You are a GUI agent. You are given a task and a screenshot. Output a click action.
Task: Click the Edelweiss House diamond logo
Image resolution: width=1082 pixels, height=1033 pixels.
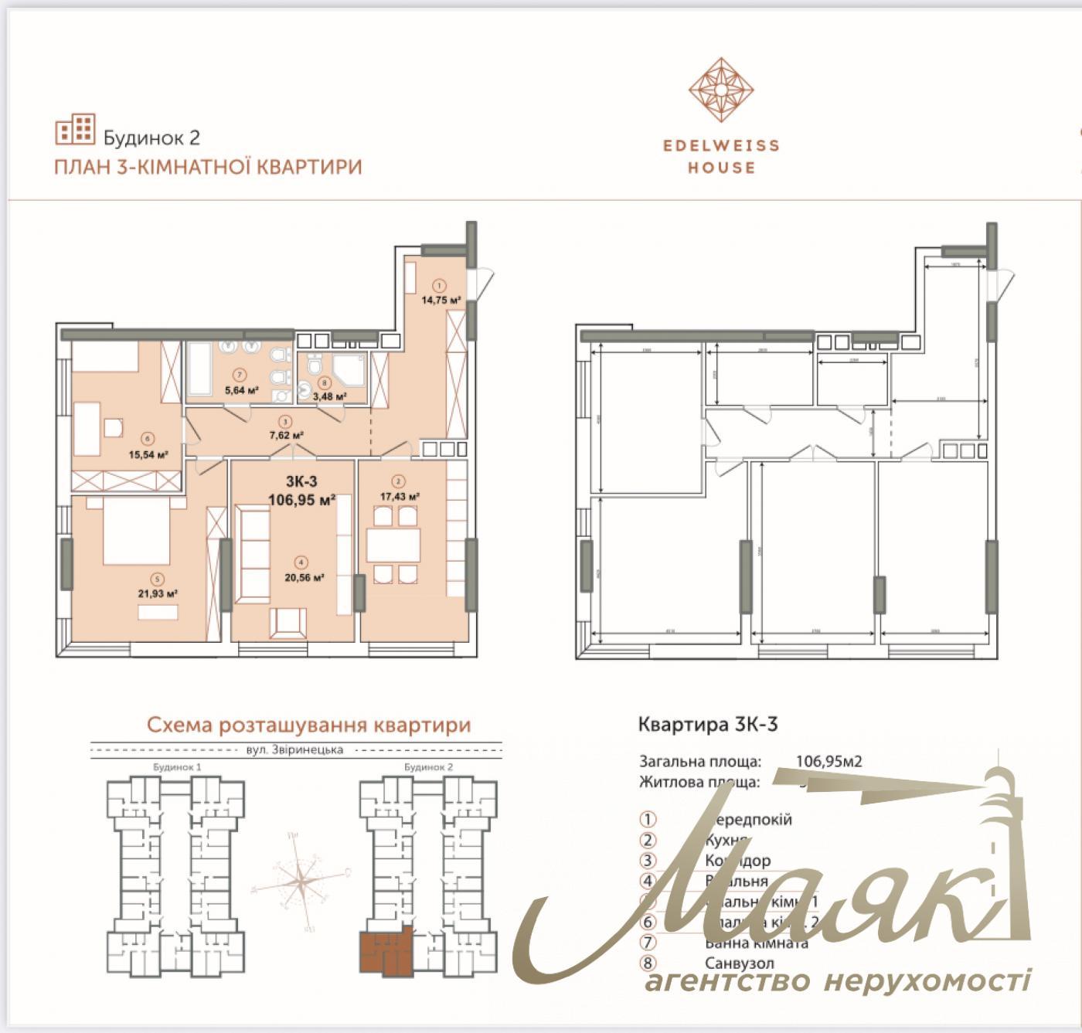click(720, 91)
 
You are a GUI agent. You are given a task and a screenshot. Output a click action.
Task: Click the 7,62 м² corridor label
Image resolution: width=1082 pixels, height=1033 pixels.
click(286, 435)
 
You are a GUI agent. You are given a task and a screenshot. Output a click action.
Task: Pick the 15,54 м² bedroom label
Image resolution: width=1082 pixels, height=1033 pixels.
click(148, 454)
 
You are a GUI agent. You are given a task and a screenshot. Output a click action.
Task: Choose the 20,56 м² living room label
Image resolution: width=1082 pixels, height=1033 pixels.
click(303, 576)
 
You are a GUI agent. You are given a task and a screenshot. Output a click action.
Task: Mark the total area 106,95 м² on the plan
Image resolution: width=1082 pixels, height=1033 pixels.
click(301, 500)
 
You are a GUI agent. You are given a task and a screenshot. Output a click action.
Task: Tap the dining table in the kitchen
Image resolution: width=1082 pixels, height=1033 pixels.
click(393, 546)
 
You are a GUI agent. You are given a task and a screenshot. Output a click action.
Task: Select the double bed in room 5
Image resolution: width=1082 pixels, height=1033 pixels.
click(136, 530)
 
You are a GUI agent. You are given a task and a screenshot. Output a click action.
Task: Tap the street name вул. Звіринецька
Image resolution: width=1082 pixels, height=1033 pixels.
click(297, 749)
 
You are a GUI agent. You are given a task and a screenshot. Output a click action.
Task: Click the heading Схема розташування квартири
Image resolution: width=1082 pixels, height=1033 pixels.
click(308, 725)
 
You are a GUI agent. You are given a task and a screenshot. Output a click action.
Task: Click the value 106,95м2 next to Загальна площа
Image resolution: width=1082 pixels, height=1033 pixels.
click(829, 761)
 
